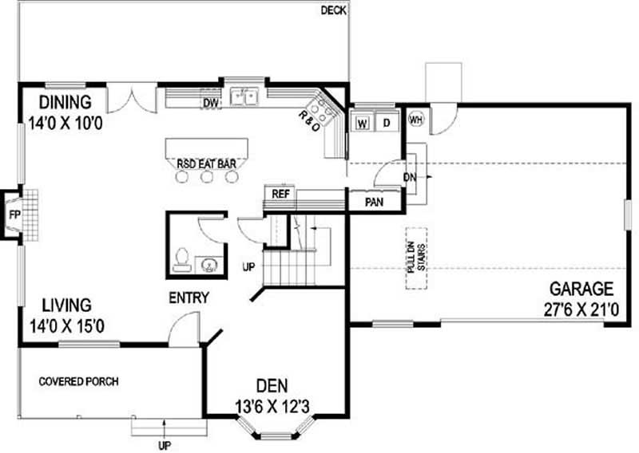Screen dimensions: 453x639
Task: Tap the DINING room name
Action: pos(66,103)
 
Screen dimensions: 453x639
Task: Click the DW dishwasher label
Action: pos(210,102)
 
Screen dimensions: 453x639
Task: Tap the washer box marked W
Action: pos(363,123)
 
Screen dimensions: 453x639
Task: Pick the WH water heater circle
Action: pos(415,120)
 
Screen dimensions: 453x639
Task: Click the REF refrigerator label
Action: pos(280,193)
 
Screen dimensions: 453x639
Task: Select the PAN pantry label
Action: pos(374,202)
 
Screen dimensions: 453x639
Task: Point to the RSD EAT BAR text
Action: pos(206,164)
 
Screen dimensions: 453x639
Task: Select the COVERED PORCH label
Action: pos(78,381)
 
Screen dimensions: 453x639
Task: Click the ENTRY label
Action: pos(189,298)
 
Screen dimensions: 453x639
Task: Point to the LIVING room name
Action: pos(66,305)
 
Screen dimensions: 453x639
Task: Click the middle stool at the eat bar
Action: pos(208,178)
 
